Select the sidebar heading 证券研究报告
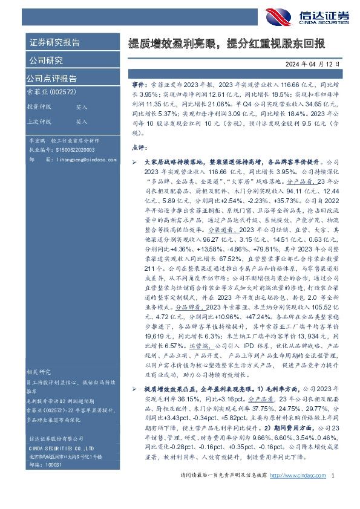[x=54, y=43]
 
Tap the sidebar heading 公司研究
[x=45, y=60]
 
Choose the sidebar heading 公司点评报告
[x=51, y=78]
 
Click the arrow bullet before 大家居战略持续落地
[x=134, y=163]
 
